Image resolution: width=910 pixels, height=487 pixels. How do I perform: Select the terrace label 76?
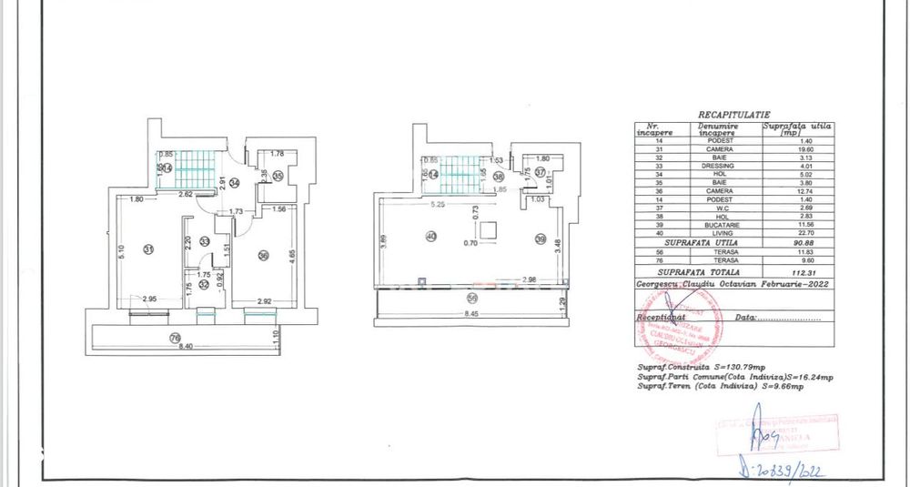pos(175,339)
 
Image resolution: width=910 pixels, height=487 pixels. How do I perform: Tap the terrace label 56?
pos(471,297)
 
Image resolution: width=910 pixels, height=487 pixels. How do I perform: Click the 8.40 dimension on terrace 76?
pos(186,347)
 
